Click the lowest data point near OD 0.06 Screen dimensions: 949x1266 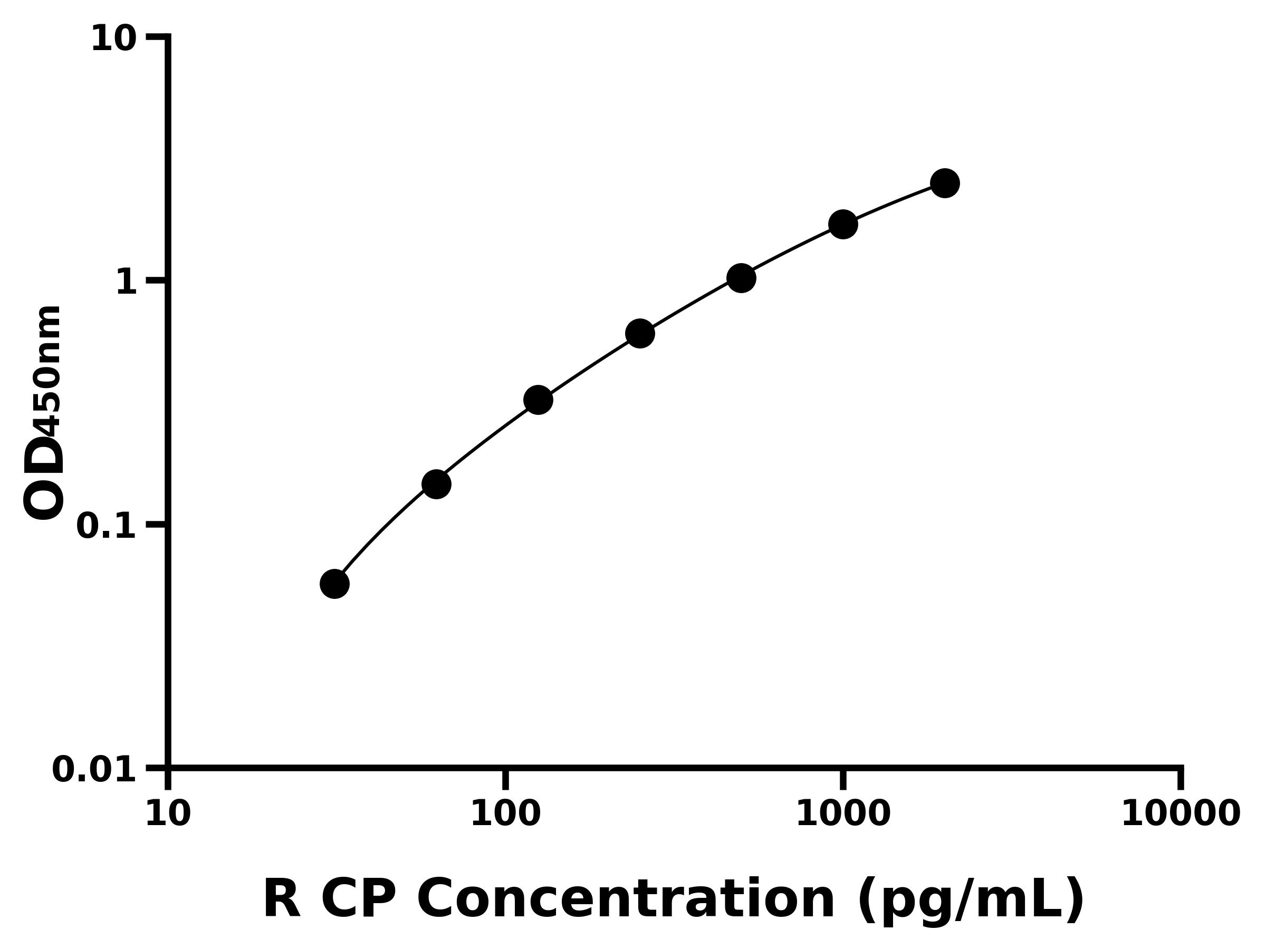pos(334,584)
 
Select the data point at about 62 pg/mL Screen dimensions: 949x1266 pos(436,485)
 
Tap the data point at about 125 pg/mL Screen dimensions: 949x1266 pos(538,400)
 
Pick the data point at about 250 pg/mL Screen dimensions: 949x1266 pos(640,334)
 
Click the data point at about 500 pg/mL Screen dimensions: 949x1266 pos(741,278)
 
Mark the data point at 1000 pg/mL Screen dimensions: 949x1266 pos(843,224)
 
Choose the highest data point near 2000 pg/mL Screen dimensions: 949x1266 pos(945,183)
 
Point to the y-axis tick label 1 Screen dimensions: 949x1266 pos(127,283)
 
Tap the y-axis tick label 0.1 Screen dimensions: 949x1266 pos(107,526)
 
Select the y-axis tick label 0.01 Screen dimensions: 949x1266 pos(94,770)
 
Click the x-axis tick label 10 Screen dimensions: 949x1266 pos(168,814)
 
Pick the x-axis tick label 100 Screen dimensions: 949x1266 pos(505,814)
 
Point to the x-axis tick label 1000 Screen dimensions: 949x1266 pos(843,814)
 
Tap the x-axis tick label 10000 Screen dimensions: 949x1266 pos(1180,814)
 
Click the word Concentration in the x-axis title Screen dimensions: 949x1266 pos(626,900)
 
